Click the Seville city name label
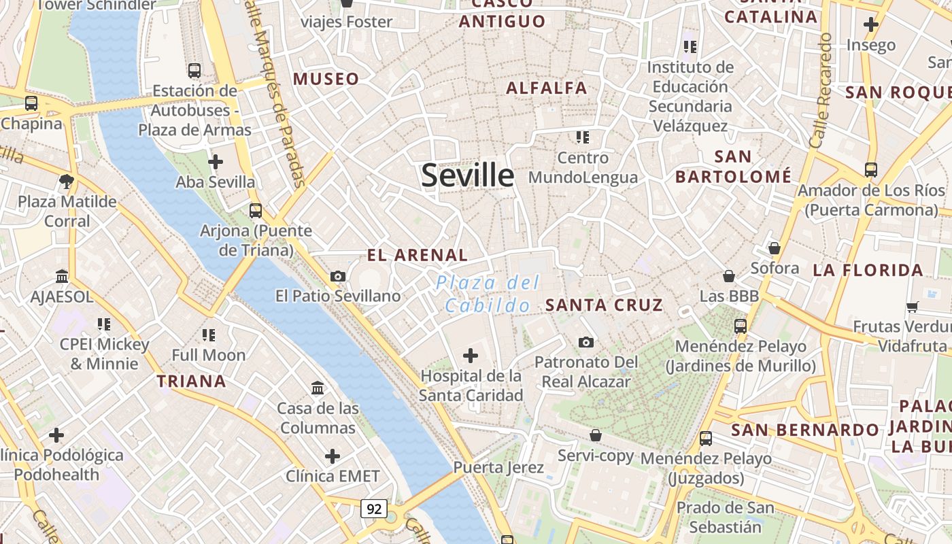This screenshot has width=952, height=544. click(x=468, y=175)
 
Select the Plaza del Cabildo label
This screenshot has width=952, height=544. click(x=488, y=294)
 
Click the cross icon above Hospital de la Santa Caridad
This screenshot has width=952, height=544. click(x=471, y=355)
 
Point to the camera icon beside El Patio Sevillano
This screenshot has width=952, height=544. click(x=338, y=276)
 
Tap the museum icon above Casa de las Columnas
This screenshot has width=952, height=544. click(x=318, y=388)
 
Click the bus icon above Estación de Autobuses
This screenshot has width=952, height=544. click(x=194, y=70)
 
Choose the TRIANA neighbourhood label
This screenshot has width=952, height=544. click(x=192, y=381)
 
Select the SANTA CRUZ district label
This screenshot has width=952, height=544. click(x=604, y=305)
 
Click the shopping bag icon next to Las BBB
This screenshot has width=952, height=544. click(x=729, y=276)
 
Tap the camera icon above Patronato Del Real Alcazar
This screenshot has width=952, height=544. click(x=586, y=342)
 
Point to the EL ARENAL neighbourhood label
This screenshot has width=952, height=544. click(x=418, y=256)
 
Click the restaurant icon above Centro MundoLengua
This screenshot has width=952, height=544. click(x=582, y=137)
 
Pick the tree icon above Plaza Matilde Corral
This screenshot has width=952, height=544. click(x=67, y=182)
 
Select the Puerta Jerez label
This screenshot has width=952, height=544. click(x=498, y=467)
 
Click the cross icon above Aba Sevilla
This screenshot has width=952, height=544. click(x=216, y=162)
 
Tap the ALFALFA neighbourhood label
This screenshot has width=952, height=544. click(x=547, y=88)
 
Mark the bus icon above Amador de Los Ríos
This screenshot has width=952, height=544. click(x=871, y=170)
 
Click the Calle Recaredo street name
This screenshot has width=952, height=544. click(x=821, y=90)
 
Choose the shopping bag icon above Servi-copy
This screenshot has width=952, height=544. click(x=596, y=435)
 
